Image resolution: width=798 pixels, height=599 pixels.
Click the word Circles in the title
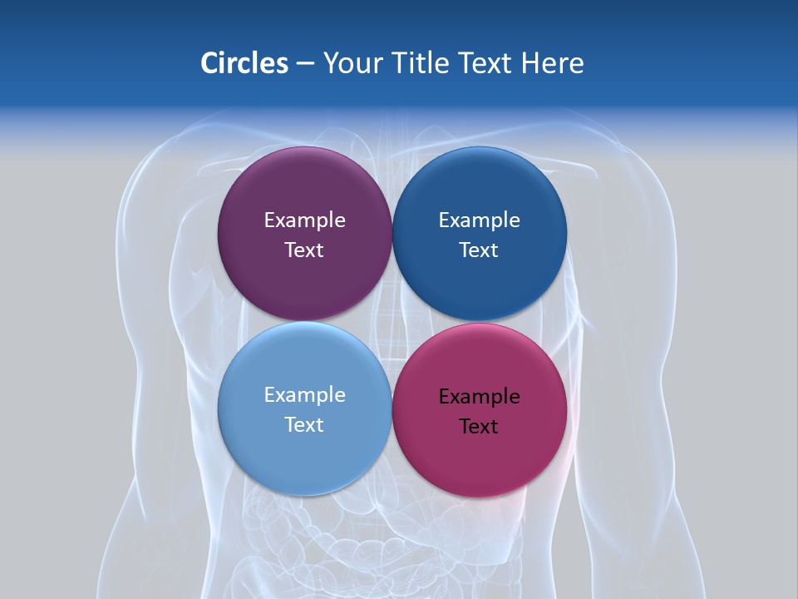tap(244, 63)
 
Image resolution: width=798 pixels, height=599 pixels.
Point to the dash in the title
tap(305, 64)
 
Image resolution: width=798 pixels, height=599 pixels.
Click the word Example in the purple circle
tap(304, 220)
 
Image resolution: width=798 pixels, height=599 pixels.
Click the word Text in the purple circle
tap(304, 250)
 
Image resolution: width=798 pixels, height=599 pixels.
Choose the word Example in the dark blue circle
tap(479, 220)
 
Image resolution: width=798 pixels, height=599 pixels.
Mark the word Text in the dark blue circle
tap(479, 250)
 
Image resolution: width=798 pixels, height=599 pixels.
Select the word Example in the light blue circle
tap(304, 395)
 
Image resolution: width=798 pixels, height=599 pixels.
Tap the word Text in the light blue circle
tap(304, 425)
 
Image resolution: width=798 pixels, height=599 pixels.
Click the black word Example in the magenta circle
tap(479, 397)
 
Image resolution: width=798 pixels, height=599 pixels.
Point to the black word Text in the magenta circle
tap(479, 427)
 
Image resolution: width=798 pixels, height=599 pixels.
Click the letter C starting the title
tap(210, 63)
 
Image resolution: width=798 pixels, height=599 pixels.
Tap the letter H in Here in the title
tap(530, 63)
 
